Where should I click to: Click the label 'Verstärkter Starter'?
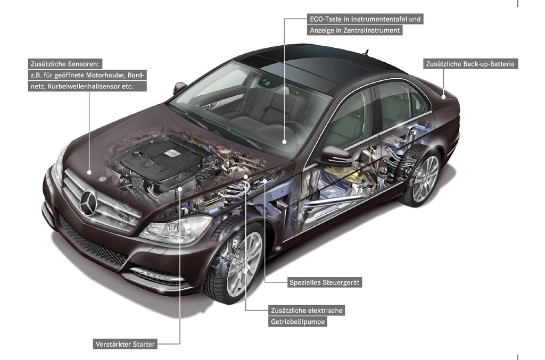click(x=125, y=344)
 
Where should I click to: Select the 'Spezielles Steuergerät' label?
click(x=324, y=282)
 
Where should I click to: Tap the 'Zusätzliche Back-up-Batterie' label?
click(x=470, y=64)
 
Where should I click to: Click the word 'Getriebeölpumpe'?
click(x=298, y=322)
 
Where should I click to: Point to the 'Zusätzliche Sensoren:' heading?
click(x=65, y=64)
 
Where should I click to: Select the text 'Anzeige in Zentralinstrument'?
click(x=354, y=30)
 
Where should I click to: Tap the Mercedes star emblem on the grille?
click(x=89, y=203)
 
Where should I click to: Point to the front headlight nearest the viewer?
click(x=177, y=229)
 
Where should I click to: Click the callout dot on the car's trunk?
click(x=443, y=97)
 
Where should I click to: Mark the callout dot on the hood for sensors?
click(x=89, y=172)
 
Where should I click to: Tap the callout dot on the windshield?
click(x=284, y=141)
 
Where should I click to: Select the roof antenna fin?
click(x=366, y=52)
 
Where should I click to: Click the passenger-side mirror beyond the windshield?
click(x=180, y=88)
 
